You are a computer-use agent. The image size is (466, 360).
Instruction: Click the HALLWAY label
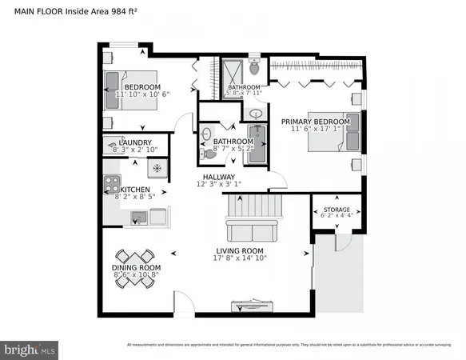click(218, 177)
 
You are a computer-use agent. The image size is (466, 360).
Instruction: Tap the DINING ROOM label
click(137, 267)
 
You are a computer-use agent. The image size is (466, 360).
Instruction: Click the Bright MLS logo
click(30, 349)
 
